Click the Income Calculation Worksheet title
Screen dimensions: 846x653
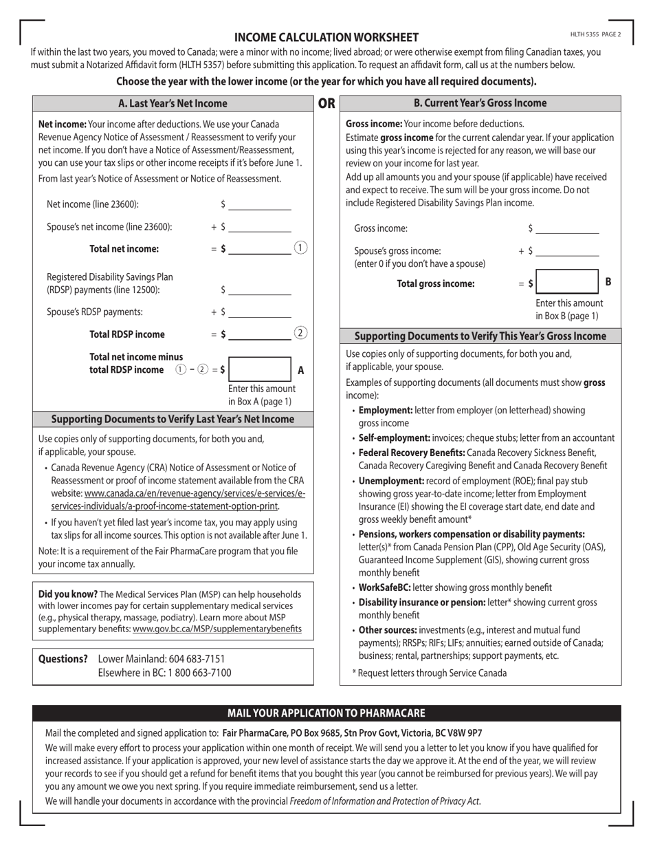click(x=326, y=37)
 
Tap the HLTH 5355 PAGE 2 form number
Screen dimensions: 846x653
click(x=595, y=34)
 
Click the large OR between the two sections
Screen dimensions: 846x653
click(x=326, y=103)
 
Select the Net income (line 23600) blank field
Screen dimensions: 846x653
click(x=260, y=204)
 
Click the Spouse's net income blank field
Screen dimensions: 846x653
click(x=260, y=227)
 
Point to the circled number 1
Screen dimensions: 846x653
click(x=300, y=248)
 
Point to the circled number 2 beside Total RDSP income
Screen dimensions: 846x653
click(x=300, y=334)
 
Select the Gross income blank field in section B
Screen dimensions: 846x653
click(x=567, y=228)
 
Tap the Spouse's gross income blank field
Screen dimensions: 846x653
click(x=567, y=251)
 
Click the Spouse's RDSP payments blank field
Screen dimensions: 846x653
click(x=260, y=312)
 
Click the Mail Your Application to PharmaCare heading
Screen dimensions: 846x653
click(x=326, y=713)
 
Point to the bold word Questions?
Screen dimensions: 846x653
click(x=63, y=659)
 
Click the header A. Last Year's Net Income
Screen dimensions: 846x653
click(x=173, y=103)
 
